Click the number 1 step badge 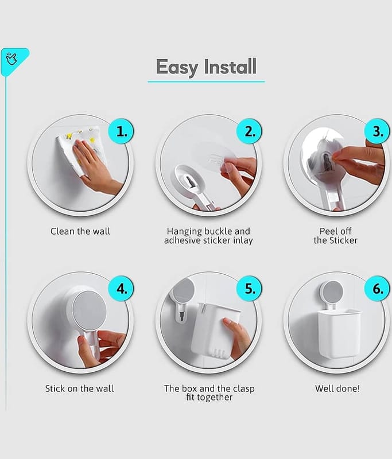click(121, 131)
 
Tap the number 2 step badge click(249, 131)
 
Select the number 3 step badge click(377, 131)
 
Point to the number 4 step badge click(121, 289)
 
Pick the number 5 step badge click(249, 289)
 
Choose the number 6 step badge click(377, 289)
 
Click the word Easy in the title click(177, 67)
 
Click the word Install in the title click(230, 66)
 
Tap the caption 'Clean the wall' click(80, 231)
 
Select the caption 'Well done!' click(337, 388)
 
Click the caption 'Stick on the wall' click(79, 388)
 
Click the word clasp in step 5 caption click(244, 389)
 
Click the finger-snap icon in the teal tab click(11, 59)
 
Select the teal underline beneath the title click(206, 81)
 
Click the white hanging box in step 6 click(338, 334)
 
